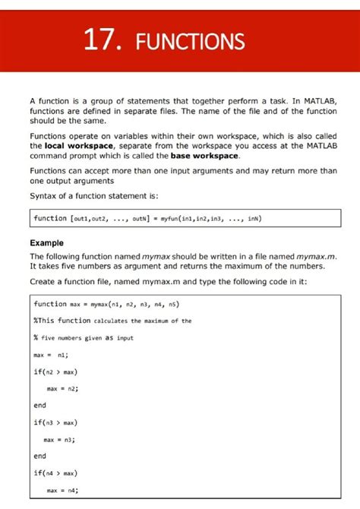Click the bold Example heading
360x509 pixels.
point(46,243)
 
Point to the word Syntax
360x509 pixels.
point(43,195)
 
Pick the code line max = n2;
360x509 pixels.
point(63,388)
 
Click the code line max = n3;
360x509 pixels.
point(63,439)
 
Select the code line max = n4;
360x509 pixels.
point(63,490)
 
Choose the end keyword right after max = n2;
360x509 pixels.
point(39,405)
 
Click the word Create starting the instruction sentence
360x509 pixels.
point(43,282)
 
